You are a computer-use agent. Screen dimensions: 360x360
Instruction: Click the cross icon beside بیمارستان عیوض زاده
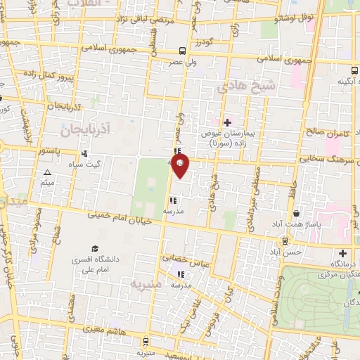tap(227, 122)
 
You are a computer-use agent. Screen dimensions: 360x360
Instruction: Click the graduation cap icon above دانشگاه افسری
tap(94, 249)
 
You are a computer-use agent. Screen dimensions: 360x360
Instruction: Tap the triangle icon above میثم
tap(48, 173)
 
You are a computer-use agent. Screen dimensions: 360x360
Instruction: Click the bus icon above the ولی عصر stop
tap(182, 51)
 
